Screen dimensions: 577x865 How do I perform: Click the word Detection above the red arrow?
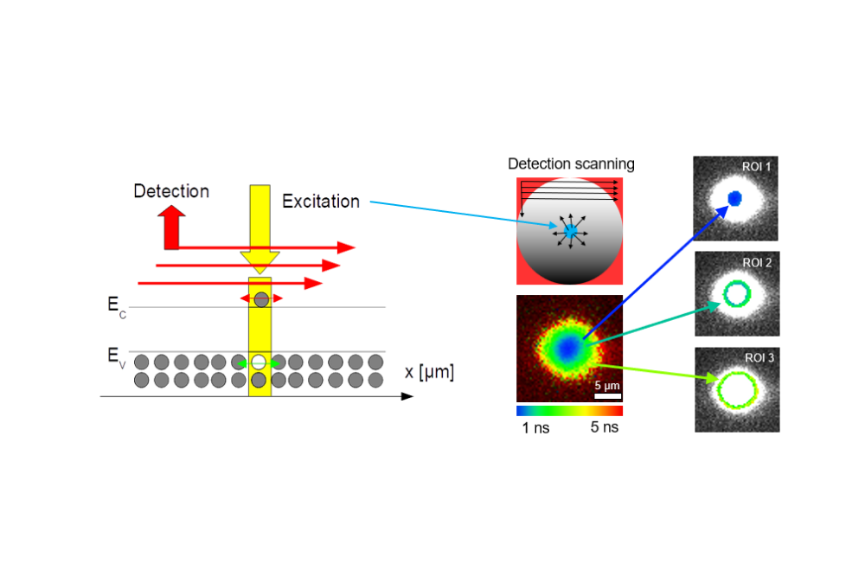tap(171, 191)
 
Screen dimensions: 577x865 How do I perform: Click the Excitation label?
tap(321, 202)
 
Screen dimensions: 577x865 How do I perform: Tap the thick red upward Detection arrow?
tap(170, 227)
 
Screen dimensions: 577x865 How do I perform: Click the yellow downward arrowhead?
tap(259, 257)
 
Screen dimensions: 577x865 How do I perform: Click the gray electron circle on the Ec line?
tap(260, 298)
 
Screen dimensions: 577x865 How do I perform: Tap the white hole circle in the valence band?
tap(259, 362)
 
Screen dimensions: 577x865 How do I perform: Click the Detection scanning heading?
tap(571, 163)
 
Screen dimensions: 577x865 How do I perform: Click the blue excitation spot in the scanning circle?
tap(570, 231)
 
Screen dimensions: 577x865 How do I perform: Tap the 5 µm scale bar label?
tap(605, 385)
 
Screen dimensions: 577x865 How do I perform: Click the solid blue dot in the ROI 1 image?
tap(735, 198)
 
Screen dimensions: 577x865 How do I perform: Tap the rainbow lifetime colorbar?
tap(569, 411)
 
